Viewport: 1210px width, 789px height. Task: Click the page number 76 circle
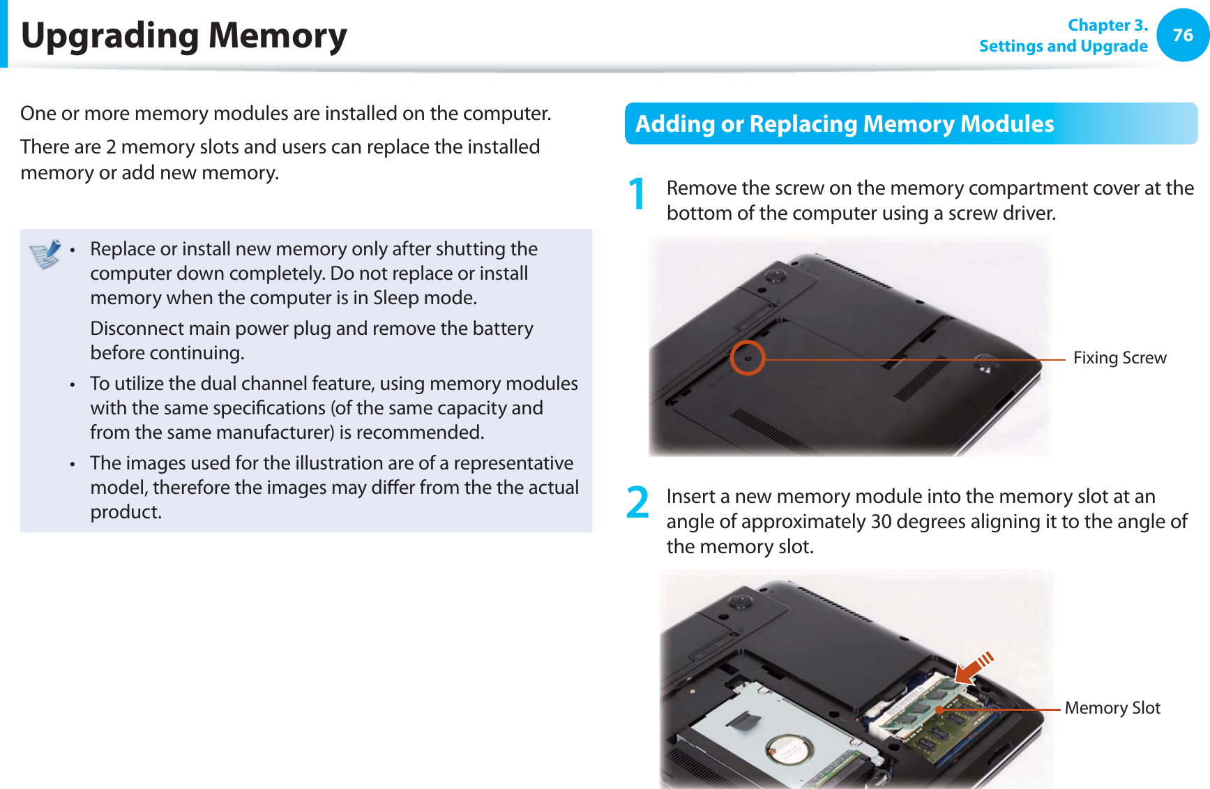pyautogui.click(x=1183, y=35)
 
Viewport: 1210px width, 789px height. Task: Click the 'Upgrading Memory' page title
pyautogui.click(x=184, y=36)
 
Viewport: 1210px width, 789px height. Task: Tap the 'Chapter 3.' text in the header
pyautogui.click(x=1107, y=25)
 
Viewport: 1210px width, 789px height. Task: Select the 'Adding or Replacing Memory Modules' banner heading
pyautogui.click(x=845, y=123)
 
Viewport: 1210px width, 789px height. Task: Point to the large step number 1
pyautogui.click(x=637, y=194)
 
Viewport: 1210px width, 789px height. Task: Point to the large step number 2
pyautogui.click(x=637, y=502)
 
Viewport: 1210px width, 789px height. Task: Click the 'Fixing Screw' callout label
pyautogui.click(x=1119, y=358)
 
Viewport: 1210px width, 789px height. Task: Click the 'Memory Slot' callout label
pyautogui.click(x=1112, y=708)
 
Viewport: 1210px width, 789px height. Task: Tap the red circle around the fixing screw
pyautogui.click(x=748, y=358)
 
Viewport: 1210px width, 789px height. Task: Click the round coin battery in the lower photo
pyautogui.click(x=789, y=752)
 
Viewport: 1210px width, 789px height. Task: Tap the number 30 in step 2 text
pyautogui.click(x=882, y=522)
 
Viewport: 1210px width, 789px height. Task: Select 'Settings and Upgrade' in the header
pyautogui.click(x=1063, y=46)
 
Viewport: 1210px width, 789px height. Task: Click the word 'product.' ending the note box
pyautogui.click(x=126, y=512)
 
